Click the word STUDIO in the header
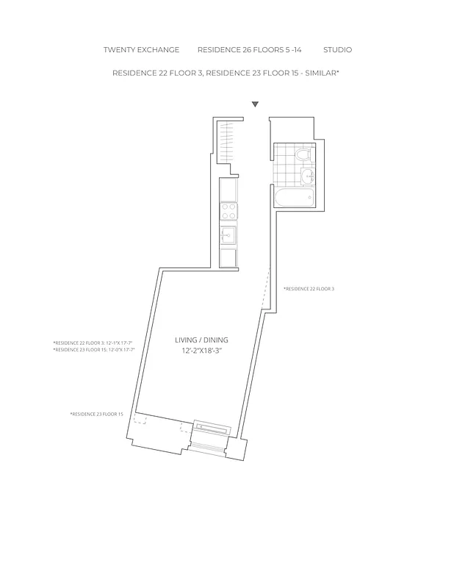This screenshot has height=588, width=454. click(337, 50)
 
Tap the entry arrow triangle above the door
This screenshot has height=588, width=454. click(255, 104)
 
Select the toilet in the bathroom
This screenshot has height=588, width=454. click(302, 154)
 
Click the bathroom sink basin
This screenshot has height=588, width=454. click(307, 176)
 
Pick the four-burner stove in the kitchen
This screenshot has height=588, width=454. click(228, 212)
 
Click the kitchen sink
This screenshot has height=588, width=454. click(228, 235)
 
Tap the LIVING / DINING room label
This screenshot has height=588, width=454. click(201, 340)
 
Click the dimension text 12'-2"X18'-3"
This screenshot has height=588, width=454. click(201, 351)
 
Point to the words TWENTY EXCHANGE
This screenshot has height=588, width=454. click(141, 50)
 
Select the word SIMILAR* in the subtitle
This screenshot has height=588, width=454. click(322, 73)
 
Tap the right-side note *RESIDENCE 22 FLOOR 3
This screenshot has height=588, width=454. click(309, 289)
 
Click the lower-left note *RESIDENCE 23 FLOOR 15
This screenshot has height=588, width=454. click(96, 415)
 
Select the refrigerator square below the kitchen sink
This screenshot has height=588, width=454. click(228, 258)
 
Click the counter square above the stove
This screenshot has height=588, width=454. click(228, 190)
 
